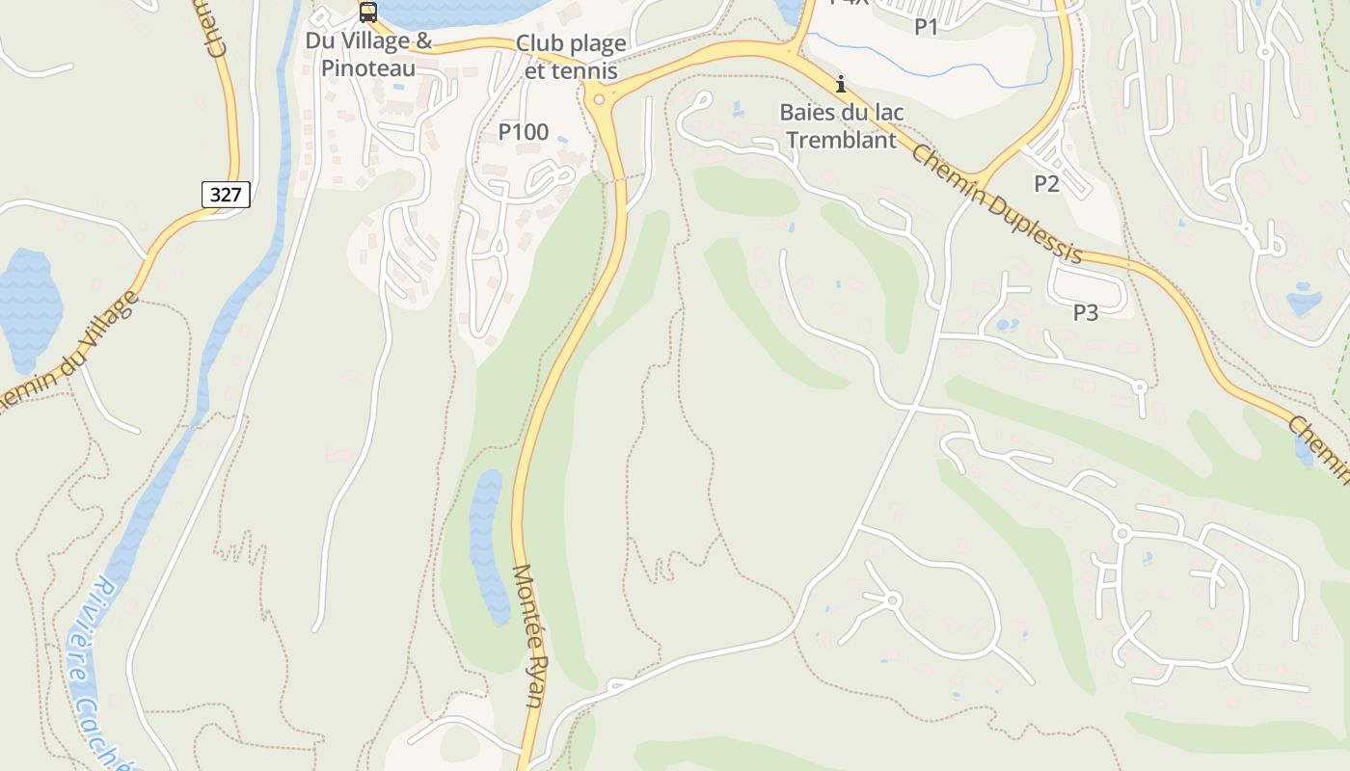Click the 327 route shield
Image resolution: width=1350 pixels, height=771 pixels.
(226, 195)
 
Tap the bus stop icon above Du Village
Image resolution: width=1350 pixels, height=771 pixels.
(367, 13)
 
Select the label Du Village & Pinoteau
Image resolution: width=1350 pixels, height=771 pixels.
(368, 55)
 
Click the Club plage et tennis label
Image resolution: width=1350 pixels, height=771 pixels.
(571, 57)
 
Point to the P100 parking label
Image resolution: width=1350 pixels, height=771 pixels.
(523, 132)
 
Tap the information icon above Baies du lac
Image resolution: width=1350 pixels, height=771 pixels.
(841, 85)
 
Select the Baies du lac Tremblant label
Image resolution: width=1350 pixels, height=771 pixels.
(841, 126)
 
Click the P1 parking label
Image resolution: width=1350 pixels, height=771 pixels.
(927, 27)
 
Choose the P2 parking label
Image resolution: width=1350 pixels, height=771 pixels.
(1046, 183)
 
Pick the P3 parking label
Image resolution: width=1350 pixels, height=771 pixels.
(1086, 312)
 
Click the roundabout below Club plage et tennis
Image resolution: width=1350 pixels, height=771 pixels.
(600, 98)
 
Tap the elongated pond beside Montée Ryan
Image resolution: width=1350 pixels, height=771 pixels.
(488, 545)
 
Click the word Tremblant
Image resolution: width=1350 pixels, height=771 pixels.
(841, 140)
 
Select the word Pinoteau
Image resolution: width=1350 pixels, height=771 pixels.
(368, 68)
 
